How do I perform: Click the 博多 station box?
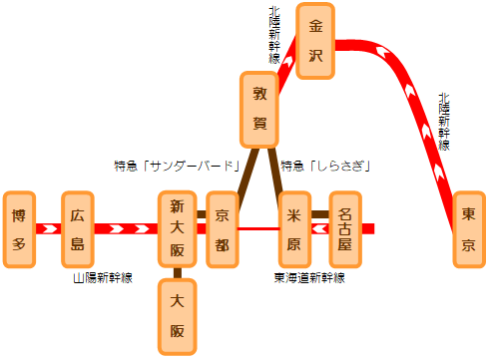[x=20, y=229]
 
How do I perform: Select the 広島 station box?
[x=78, y=229]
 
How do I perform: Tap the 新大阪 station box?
[x=177, y=229]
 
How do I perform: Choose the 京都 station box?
[x=223, y=229]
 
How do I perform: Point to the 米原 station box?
[x=294, y=229]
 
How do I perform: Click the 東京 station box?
[x=468, y=229]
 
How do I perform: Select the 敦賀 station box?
[x=259, y=110]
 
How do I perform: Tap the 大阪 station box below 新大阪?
[x=177, y=316]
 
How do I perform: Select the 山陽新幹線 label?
[x=103, y=277]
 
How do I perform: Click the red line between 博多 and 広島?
[x=49, y=229]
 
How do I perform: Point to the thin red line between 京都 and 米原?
[x=258, y=229]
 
